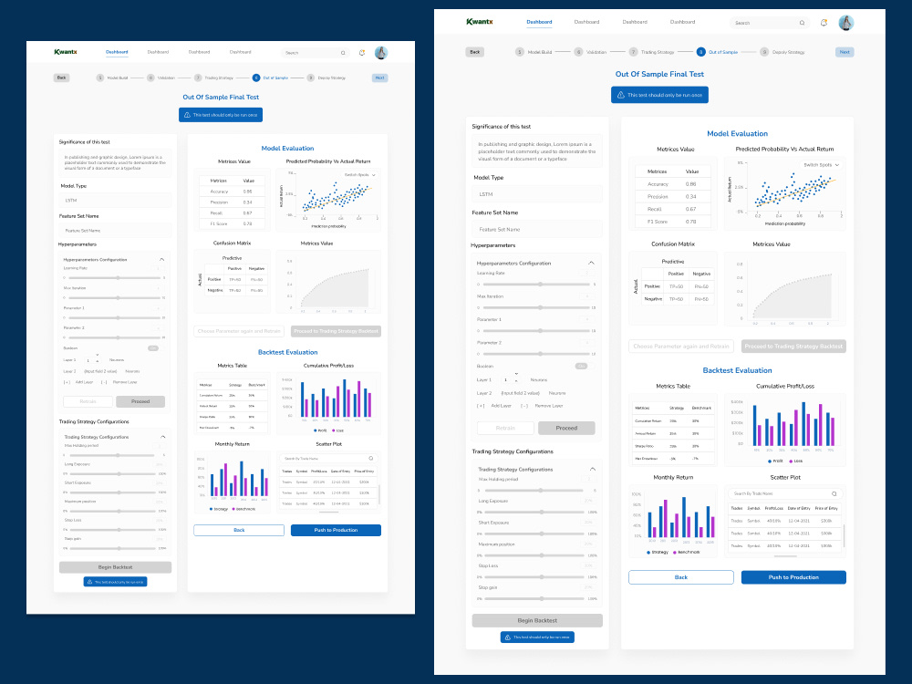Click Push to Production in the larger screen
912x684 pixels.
click(x=793, y=577)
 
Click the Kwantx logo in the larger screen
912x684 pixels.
click(x=481, y=22)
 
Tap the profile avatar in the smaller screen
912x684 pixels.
click(x=381, y=53)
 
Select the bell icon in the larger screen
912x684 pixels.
click(x=824, y=23)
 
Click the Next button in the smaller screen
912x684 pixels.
click(x=379, y=78)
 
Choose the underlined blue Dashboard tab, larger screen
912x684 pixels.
click(x=539, y=22)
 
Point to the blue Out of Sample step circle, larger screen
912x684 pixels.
click(x=700, y=52)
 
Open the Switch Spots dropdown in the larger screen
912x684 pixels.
click(x=821, y=165)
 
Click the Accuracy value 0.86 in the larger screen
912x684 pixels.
click(x=690, y=184)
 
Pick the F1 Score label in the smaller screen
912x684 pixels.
click(x=219, y=223)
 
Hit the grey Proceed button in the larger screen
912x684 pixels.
click(x=566, y=428)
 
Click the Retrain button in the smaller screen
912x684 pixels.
click(x=88, y=401)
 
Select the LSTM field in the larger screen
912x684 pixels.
click(x=536, y=194)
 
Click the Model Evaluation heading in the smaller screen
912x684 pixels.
click(x=287, y=148)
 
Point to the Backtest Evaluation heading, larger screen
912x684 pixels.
click(x=737, y=370)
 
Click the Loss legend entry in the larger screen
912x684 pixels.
click(x=794, y=461)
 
